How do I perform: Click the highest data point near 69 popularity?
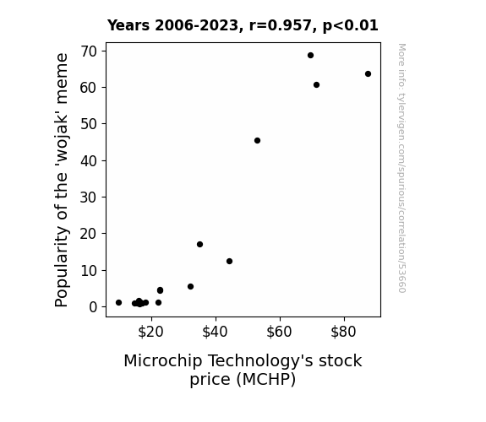(x=310, y=56)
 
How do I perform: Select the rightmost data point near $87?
(x=368, y=74)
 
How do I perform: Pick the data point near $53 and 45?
(x=257, y=141)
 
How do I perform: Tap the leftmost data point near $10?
(x=118, y=302)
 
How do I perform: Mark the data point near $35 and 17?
(x=200, y=244)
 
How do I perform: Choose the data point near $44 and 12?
(x=229, y=262)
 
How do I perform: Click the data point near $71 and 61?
(x=316, y=85)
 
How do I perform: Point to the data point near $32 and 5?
(x=191, y=287)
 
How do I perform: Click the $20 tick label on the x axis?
(x=150, y=332)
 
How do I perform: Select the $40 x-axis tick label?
(x=215, y=332)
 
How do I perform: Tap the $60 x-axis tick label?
(x=279, y=332)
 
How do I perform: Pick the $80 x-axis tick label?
(x=343, y=332)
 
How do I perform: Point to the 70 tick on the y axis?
(x=89, y=51)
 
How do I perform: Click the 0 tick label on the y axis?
(x=93, y=307)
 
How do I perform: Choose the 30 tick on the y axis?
(x=89, y=197)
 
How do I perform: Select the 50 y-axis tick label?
(x=89, y=124)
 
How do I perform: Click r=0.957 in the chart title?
(x=281, y=25)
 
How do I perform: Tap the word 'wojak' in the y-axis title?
(x=62, y=139)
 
